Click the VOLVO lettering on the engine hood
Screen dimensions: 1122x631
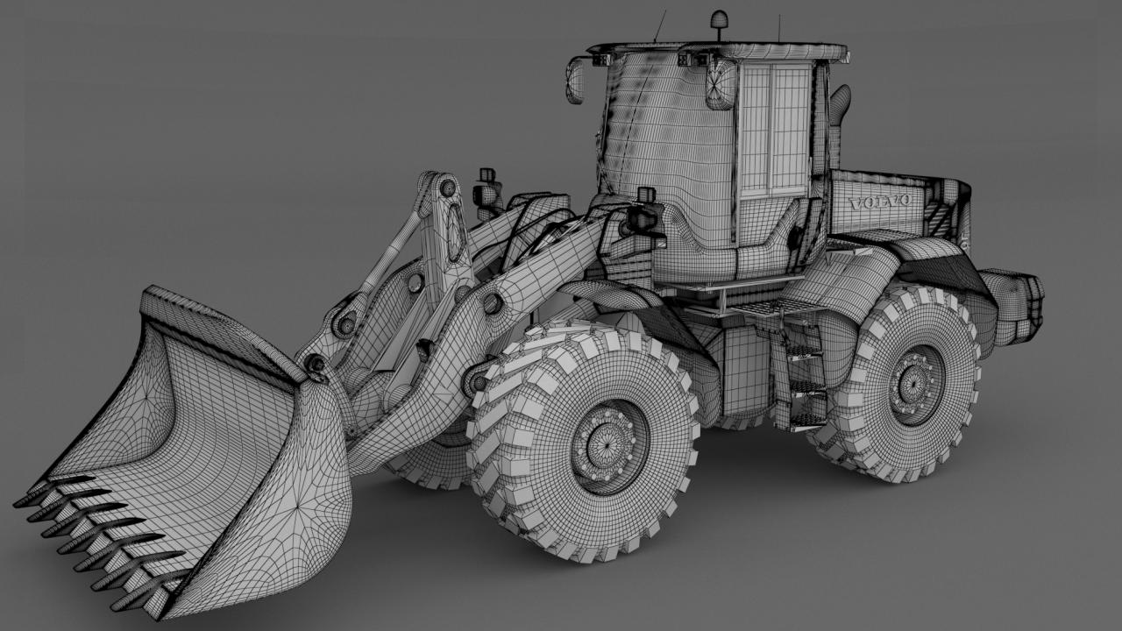coord(879,202)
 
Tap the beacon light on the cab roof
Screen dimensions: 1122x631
coord(719,24)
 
